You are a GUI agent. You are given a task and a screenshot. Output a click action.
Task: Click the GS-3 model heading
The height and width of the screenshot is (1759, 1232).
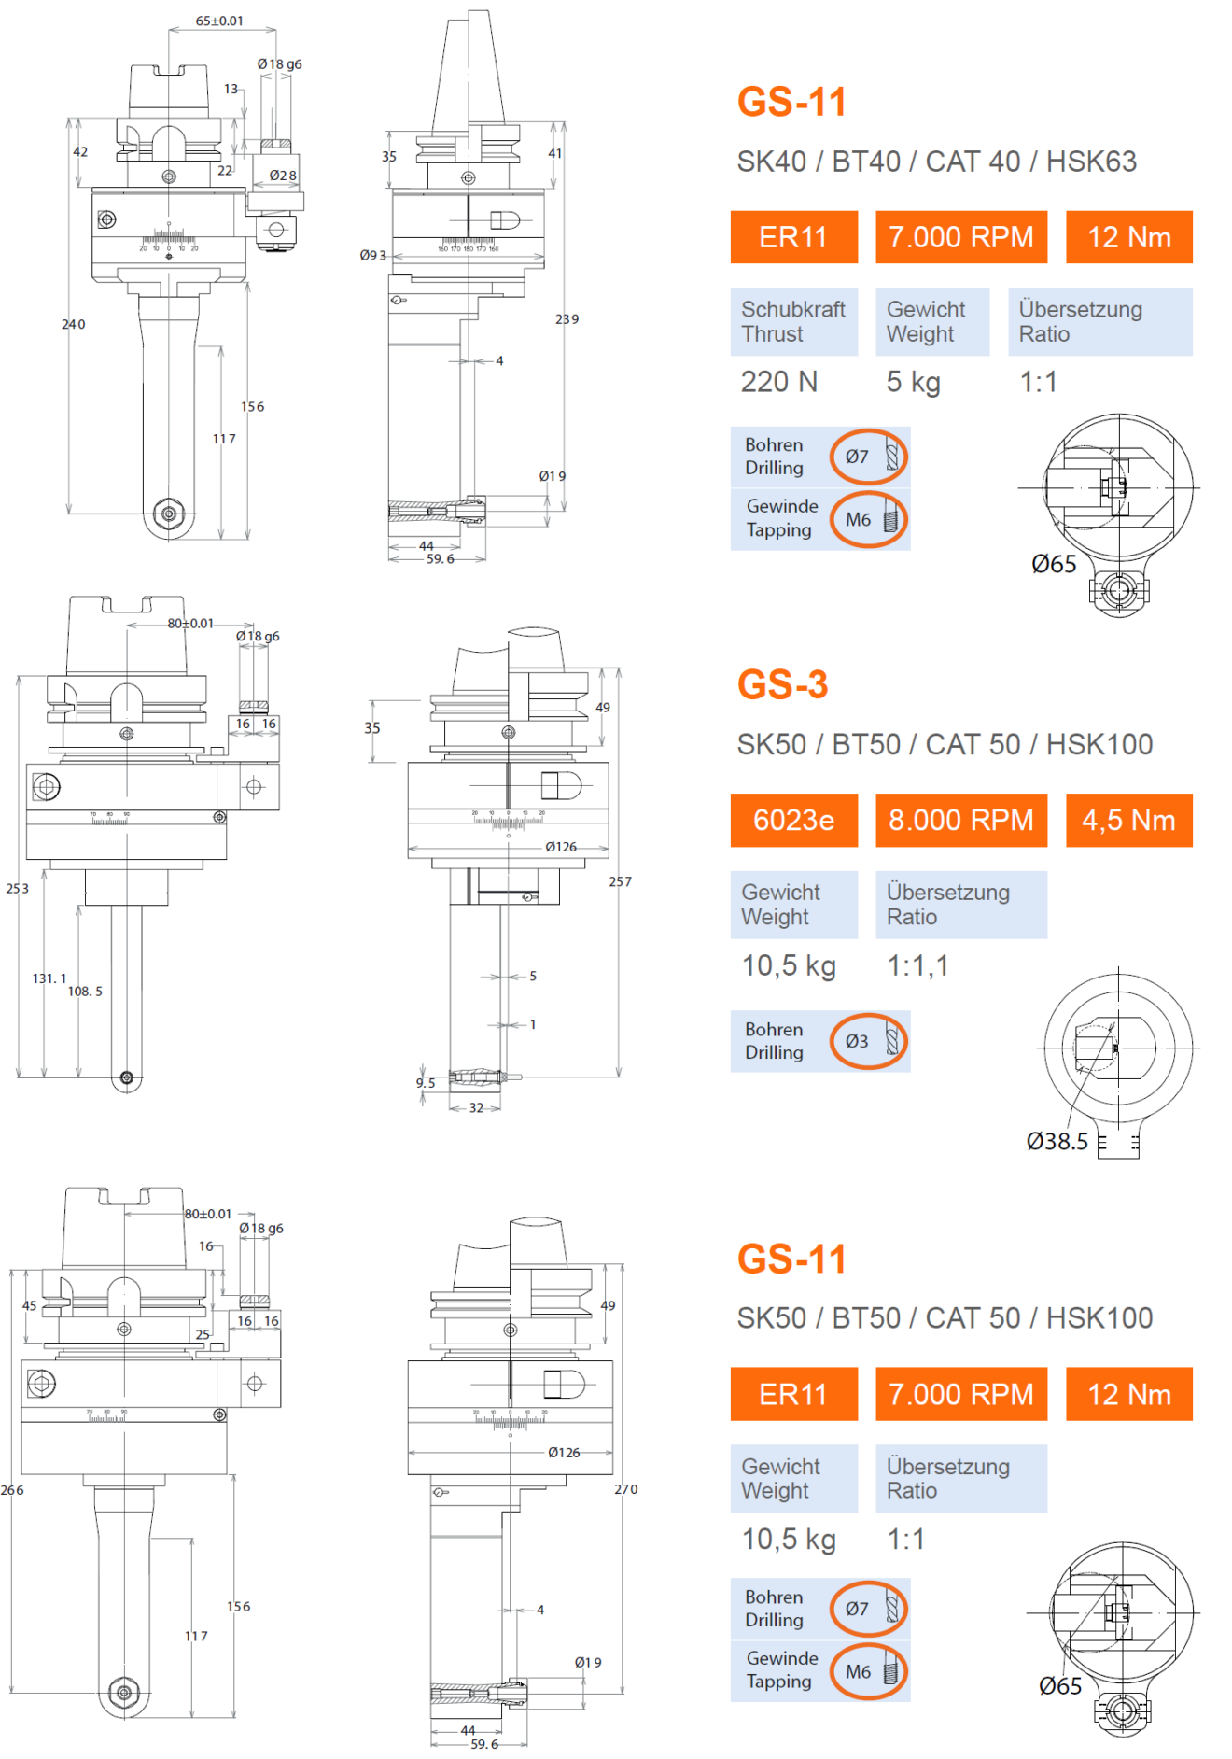point(782,684)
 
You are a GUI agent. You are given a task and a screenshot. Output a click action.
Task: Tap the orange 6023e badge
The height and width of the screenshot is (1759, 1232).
point(793,820)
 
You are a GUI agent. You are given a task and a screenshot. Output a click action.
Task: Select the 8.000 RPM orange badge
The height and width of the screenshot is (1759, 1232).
point(960,820)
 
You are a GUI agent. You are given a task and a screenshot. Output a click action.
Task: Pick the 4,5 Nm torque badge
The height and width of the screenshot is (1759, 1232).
point(1128,820)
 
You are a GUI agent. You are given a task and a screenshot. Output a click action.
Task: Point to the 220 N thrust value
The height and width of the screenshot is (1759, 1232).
point(778,382)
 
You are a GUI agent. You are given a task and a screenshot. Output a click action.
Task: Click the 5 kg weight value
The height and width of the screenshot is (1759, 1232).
point(913,382)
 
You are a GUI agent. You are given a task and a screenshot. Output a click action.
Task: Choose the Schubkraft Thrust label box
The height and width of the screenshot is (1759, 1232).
point(793,321)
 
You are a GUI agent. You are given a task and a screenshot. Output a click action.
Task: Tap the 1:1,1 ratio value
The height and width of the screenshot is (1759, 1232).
point(917,965)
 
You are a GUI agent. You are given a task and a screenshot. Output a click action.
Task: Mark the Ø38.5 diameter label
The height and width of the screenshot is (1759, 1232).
point(1057,1141)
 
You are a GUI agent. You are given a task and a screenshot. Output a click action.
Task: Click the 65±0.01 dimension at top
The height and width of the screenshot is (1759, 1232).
point(219,21)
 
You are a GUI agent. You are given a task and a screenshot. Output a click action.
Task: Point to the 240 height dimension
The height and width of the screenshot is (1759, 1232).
point(74,324)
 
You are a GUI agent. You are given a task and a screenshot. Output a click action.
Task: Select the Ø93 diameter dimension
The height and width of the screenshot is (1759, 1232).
point(372,255)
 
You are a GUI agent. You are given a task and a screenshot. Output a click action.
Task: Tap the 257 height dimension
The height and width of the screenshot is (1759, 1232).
point(621,881)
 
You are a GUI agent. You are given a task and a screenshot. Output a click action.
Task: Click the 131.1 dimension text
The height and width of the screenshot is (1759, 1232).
point(49,978)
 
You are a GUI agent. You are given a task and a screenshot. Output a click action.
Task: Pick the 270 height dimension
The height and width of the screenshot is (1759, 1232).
point(626,1489)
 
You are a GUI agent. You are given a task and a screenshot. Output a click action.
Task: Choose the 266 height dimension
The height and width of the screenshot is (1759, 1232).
point(12,1490)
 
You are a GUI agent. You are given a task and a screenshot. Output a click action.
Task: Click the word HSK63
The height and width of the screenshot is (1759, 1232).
point(1091,162)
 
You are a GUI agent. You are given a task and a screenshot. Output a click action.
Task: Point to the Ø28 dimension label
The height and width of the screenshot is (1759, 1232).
point(283,176)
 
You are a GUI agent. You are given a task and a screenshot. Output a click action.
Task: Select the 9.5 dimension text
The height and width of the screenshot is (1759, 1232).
point(426,1083)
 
